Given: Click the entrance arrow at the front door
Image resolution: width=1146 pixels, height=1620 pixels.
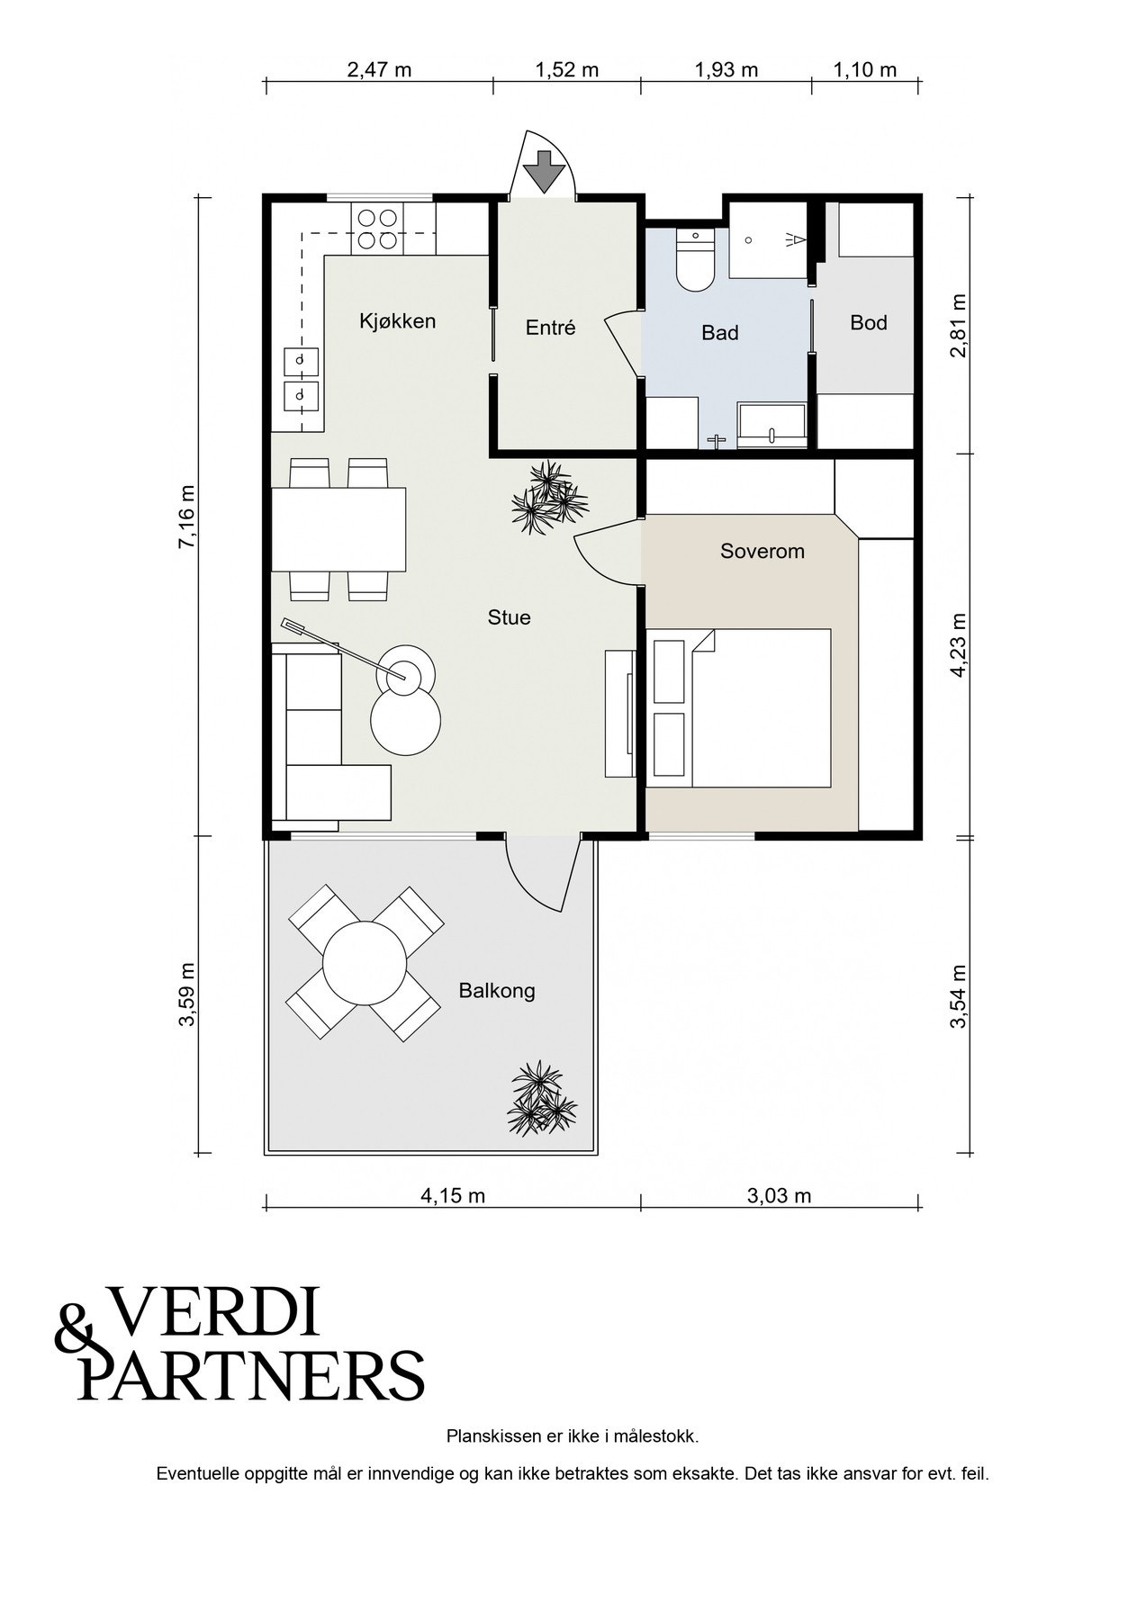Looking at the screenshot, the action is click(x=543, y=171).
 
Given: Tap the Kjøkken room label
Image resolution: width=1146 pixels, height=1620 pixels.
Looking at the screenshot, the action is click(x=397, y=321).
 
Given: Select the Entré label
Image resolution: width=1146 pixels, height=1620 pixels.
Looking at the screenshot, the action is click(x=550, y=328).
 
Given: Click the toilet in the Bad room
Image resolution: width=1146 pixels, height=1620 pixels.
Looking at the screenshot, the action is click(x=694, y=259).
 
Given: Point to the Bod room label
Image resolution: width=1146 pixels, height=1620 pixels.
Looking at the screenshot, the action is click(x=869, y=322).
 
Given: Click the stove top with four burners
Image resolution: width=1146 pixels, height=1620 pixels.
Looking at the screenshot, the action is click(x=377, y=229).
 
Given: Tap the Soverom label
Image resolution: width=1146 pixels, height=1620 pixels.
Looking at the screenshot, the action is click(x=762, y=551).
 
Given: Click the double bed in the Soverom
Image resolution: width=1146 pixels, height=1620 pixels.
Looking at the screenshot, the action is click(x=739, y=708).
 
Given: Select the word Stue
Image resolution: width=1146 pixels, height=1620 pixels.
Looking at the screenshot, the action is click(x=510, y=617).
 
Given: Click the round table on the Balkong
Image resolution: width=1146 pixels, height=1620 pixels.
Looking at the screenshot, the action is click(x=365, y=963).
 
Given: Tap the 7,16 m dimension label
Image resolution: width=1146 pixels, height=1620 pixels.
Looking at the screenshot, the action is click(x=186, y=517).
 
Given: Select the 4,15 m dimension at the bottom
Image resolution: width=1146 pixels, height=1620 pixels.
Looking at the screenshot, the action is click(x=453, y=1196).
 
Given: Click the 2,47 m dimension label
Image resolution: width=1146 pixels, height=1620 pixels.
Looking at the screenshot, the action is click(x=379, y=70).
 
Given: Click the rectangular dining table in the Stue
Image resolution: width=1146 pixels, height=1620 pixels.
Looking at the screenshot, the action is click(x=338, y=529).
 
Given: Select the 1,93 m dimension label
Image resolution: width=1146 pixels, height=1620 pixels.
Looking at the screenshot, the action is click(x=726, y=70).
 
